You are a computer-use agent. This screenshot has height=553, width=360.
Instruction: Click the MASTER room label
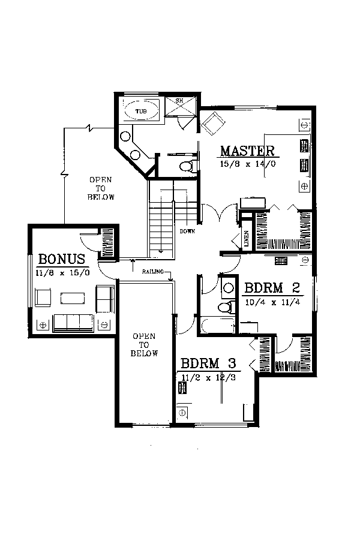click(247, 151)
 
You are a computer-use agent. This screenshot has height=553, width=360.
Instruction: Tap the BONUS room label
click(62, 259)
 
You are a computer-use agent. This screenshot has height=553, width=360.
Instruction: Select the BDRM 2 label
click(272, 288)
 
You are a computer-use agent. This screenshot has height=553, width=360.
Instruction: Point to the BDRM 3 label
click(208, 363)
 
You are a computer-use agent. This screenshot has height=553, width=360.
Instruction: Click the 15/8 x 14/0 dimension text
click(248, 164)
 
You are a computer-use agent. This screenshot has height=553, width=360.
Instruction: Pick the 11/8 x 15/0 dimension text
click(62, 273)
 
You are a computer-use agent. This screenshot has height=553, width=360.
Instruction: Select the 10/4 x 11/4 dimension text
click(272, 302)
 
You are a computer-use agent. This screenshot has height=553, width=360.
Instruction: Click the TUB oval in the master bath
click(141, 111)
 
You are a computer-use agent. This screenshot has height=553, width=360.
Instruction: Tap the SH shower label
click(179, 101)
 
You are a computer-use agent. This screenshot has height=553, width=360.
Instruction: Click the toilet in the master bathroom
click(187, 166)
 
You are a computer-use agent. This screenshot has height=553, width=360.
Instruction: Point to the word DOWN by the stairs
click(187, 232)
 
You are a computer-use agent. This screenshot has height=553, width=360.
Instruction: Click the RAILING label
click(153, 272)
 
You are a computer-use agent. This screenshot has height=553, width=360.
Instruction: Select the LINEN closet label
click(247, 239)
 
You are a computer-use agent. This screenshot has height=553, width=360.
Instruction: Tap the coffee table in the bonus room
click(73, 298)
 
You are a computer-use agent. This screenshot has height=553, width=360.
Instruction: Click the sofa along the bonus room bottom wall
click(73, 323)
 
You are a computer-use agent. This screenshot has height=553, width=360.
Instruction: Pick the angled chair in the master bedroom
click(213, 124)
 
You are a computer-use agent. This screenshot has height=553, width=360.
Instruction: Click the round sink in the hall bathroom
click(229, 288)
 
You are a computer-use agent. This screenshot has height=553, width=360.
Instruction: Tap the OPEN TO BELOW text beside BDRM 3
click(144, 345)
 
